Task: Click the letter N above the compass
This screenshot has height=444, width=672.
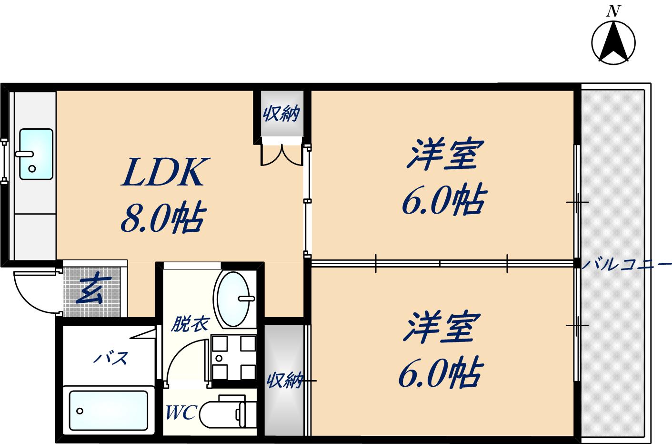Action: point(613,11)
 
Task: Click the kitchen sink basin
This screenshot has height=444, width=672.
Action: point(36,154)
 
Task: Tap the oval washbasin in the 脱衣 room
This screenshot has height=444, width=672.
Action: point(233,299)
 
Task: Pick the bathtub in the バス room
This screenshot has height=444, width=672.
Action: point(108,410)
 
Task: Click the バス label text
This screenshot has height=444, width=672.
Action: point(110,357)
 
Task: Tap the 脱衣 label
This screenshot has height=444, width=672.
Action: point(190,325)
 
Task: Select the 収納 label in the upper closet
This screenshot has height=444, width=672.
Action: point(281,114)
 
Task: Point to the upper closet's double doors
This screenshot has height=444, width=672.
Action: point(282,154)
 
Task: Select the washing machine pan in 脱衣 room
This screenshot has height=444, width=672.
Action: point(233,357)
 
